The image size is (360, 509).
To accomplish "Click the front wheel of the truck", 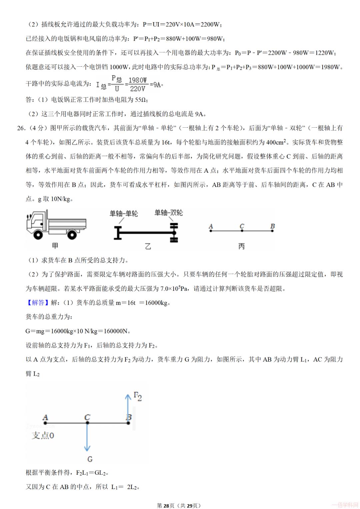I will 38,234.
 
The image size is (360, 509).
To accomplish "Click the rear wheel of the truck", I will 72,234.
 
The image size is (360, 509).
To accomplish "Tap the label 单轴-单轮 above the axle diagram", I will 124,214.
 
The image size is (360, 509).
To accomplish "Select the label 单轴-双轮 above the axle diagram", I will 169,213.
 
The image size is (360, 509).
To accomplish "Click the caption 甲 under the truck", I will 55,246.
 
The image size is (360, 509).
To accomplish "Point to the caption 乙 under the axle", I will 148,246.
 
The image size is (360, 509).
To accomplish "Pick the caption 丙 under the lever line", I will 242,246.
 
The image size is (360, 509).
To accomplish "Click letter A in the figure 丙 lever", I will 211,226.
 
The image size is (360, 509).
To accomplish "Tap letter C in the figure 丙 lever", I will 242,226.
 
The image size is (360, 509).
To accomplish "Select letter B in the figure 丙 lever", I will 272,226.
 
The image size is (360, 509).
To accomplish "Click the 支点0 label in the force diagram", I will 43,436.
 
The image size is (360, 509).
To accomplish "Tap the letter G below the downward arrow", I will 90,459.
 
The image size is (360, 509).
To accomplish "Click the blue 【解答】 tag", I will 35,303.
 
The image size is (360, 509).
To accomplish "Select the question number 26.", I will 21,128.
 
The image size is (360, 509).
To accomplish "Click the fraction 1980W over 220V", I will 138,84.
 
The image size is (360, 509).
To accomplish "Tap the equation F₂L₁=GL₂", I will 92,473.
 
